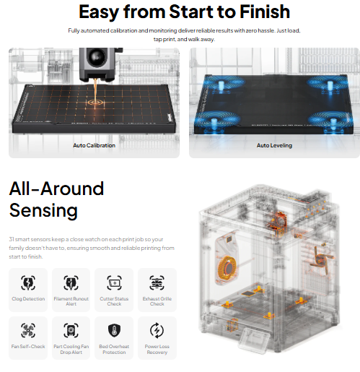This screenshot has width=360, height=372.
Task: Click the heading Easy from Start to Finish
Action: (x=185, y=12)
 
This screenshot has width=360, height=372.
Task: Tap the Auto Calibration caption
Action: (x=94, y=145)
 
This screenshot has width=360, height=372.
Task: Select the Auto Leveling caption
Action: (x=274, y=145)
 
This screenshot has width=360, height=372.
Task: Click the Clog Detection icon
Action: (x=28, y=282)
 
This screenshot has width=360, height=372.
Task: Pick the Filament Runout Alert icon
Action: (x=71, y=282)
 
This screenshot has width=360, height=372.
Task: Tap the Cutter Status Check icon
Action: (x=114, y=282)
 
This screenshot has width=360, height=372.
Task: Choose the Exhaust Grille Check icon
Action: (x=157, y=282)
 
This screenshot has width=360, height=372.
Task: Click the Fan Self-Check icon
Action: (x=28, y=330)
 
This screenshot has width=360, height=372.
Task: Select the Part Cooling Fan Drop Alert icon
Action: (x=71, y=330)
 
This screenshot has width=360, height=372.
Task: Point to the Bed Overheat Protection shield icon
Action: (x=114, y=330)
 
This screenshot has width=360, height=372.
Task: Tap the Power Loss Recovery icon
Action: (x=157, y=330)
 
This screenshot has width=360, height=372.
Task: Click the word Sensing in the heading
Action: (x=43, y=210)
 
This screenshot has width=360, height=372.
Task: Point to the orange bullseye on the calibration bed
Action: (x=95, y=103)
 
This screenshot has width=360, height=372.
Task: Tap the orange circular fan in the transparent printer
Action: (x=227, y=268)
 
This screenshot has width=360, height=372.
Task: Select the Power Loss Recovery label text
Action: (x=157, y=350)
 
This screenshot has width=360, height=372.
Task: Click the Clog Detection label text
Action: (x=28, y=299)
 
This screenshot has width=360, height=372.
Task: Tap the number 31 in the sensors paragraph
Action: (x=12, y=239)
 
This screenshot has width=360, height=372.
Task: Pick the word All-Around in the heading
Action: (x=56, y=189)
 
